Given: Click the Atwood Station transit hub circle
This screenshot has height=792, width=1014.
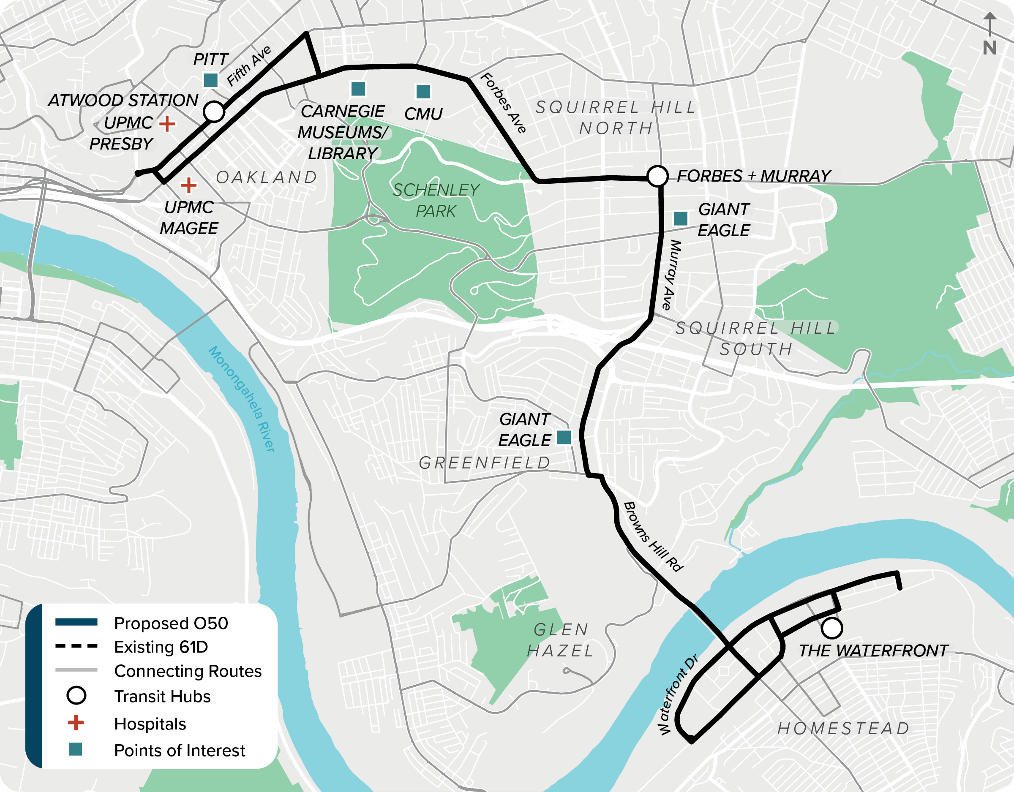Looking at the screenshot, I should pos(214,112).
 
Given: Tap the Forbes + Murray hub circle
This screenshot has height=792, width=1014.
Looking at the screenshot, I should pos(657,176).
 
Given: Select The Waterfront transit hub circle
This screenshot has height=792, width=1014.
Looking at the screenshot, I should pos(831,628).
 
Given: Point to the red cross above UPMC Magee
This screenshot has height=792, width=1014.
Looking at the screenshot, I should pos(188,185).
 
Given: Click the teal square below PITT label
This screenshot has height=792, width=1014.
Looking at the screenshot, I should pos(211,80).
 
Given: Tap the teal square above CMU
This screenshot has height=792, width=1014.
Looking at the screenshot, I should pos(423,92).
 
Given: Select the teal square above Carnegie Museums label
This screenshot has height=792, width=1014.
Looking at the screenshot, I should pos(358,88).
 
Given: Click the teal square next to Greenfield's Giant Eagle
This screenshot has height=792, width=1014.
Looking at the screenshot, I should pos(564,437).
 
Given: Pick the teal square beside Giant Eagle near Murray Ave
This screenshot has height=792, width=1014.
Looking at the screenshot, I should pos(680,218).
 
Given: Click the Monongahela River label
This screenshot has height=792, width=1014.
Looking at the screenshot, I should pos(242,398).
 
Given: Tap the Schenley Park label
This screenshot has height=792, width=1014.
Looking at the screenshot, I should pos(436,200).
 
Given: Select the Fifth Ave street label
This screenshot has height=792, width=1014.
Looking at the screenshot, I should pos(249,66).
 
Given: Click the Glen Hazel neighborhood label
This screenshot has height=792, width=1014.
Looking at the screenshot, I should pos(560,640).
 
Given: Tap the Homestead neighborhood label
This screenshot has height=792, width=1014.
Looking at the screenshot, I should pos(843,728).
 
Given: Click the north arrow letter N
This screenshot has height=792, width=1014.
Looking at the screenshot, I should pos(989,48).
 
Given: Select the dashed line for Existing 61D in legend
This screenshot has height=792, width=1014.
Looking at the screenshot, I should pos(76,646).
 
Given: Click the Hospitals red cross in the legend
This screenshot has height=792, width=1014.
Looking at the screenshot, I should pos(76,723).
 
